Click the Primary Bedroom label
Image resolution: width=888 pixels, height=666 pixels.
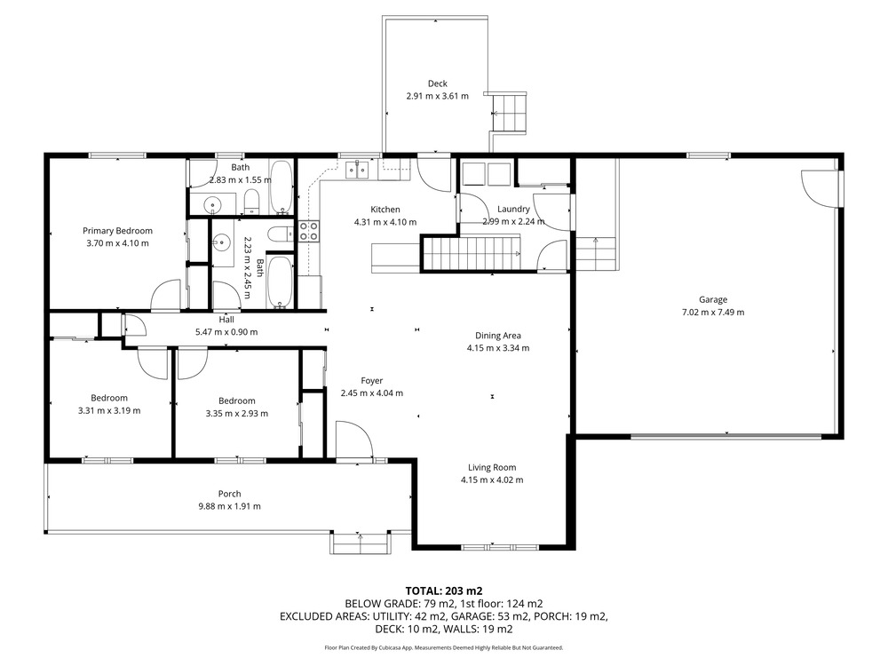pos(117,231)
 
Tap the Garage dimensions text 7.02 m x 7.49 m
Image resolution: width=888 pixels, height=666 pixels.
pos(713,312)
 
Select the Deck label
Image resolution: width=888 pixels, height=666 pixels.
pos(437,83)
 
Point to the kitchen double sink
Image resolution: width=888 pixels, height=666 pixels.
pos(357,170)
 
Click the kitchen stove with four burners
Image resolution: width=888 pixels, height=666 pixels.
pos(309,231)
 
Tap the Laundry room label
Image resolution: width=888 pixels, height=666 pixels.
pos(513,209)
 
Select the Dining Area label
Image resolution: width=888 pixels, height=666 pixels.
pos(498,336)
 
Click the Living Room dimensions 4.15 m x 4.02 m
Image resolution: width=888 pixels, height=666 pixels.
pos(492,480)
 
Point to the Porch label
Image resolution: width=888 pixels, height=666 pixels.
pos(229,494)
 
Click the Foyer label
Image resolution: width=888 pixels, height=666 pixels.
pos(372,381)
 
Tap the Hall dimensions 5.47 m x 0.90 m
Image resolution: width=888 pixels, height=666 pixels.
pos(226,332)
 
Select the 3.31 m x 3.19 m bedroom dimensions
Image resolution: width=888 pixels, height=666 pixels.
pos(109,410)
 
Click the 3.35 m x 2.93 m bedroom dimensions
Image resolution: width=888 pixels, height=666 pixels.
pos(237,414)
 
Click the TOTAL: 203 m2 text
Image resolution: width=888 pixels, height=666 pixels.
pos(443,591)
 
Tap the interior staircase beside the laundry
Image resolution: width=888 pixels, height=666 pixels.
pos(472,254)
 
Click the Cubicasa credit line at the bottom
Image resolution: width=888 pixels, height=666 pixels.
pos(443,647)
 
